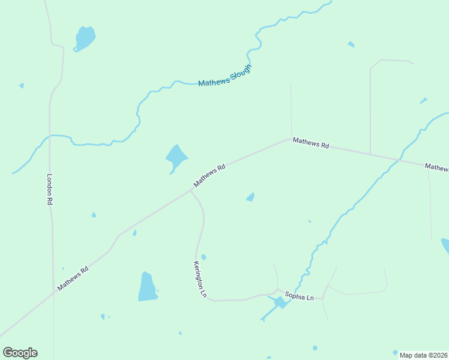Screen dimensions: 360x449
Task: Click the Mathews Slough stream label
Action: [x=224, y=76]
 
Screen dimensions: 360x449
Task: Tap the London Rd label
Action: [x=50, y=190]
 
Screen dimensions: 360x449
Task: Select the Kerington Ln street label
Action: [x=200, y=279]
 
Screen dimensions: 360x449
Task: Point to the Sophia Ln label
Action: [x=300, y=295]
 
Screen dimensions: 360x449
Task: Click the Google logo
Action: [x=20, y=353]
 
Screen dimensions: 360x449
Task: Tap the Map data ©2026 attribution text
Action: [x=423, y=355]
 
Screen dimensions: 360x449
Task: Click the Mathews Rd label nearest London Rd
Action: [x=73, y=279]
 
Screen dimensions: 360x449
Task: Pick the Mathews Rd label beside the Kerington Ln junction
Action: [x=209, y=175]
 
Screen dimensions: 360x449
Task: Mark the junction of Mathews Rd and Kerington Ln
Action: [x=191, y=191]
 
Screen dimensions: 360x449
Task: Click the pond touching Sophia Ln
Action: [x=280, y=302]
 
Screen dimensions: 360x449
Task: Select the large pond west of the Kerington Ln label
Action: [x=147, y=287]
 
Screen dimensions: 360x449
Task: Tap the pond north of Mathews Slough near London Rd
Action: [x=85, y=38]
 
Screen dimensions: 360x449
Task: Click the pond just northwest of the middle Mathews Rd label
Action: [x=176, y=158]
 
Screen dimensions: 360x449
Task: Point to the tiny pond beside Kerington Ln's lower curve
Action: [x=203, y=257]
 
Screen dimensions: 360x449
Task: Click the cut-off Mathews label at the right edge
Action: [x=436, y=167]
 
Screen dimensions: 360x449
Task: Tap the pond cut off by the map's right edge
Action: [x=445, y=246]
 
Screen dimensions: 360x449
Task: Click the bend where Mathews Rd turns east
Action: [x=291, y=138]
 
